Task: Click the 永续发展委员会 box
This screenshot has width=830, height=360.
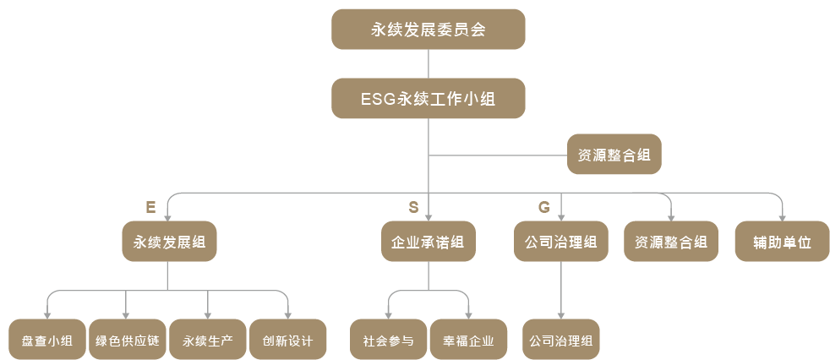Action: (428, 29)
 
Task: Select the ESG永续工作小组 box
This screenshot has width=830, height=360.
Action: (428, 98)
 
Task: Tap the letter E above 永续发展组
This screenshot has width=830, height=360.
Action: (150, 207)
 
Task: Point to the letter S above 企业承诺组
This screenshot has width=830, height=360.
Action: (413, 207)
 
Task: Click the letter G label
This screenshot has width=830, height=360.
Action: (543, 207)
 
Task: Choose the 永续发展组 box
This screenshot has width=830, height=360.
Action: (169, 242)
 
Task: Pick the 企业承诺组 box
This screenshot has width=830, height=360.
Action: (428, 242)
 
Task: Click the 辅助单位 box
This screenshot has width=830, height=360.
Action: (782, 242)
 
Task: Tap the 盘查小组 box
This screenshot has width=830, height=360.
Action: (46, 341)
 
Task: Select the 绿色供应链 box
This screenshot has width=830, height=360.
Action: (127, 341)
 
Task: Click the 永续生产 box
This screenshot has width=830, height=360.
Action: (207, 341)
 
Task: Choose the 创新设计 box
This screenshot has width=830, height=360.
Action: (287, 341)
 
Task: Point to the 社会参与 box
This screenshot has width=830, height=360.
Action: (388, 341)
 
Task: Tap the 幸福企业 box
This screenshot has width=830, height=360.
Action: (468, 341)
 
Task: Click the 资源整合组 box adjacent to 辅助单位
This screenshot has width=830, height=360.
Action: (670, 242)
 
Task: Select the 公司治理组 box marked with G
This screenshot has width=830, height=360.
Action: (560, 242)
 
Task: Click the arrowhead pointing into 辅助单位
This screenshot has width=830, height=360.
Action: (782, 217)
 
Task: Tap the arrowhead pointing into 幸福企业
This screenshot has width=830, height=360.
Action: (468, 315)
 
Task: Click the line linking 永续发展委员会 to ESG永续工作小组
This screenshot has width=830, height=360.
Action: (429, 63)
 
